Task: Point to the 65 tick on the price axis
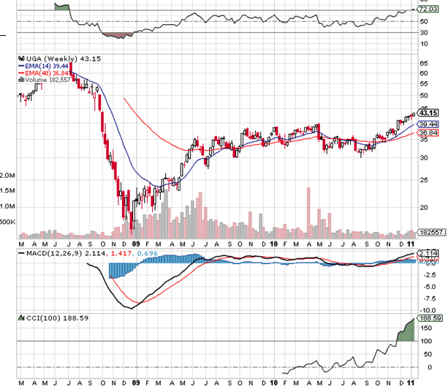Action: click(x=423, y=63)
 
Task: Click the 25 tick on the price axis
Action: click(x=423, y=179)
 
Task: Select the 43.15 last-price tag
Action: click(x=428, y=113)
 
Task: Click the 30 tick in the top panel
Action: click(x=422, y=33)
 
